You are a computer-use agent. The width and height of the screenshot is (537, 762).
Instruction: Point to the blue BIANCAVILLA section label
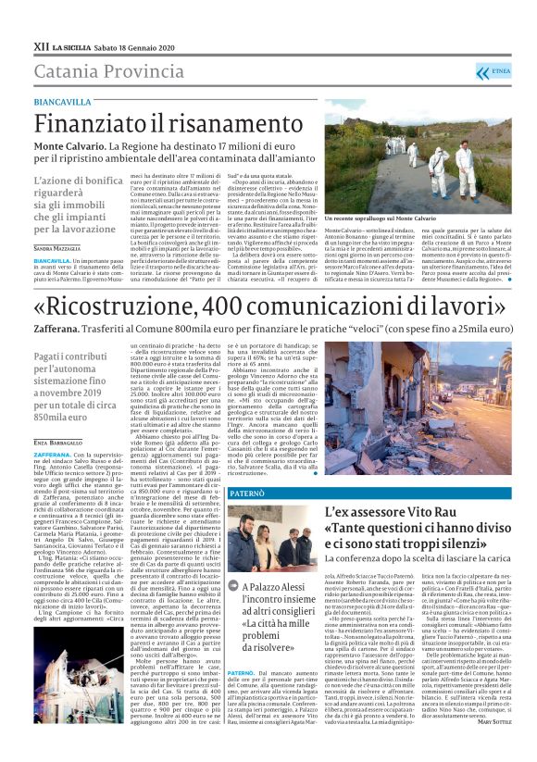(x=63, y=102)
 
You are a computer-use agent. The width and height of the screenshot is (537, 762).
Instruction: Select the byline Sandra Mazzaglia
(x=56, y=249)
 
